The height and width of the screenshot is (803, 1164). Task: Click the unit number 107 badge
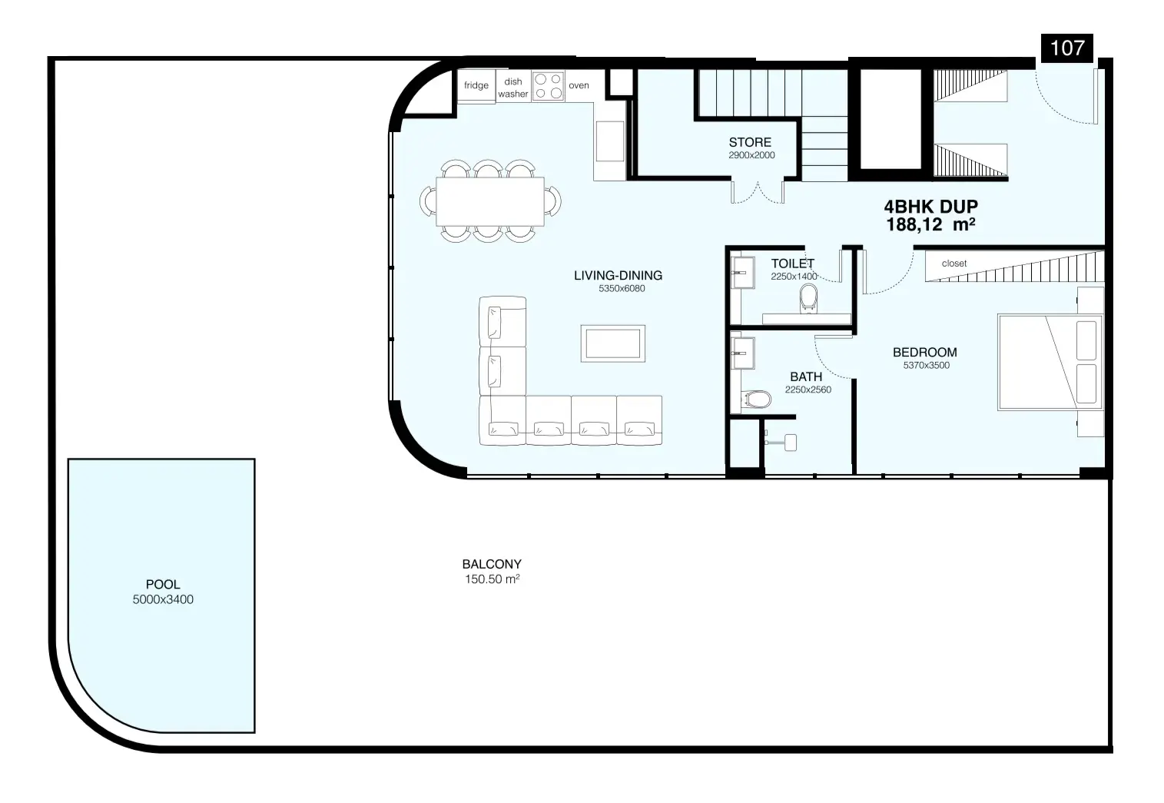tap(1067, 48)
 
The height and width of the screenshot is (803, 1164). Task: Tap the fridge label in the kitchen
tap(476, 85)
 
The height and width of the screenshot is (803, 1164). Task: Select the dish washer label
tap(513, 88)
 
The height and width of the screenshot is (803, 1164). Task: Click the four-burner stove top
tap(549, 86)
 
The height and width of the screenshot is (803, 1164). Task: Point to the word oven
tap(579, 86)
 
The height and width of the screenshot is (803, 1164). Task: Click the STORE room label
tap(750, 142)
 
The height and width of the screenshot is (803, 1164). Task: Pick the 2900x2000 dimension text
tap(751, 155)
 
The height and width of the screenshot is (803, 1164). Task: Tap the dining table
tap(490, 201)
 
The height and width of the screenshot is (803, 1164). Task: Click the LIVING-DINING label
tap(618, 275)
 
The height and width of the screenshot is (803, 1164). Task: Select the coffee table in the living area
tap(613, 343)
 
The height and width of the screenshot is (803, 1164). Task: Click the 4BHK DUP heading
tap(930, 207)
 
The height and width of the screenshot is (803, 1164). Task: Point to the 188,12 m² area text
tap(930, 224)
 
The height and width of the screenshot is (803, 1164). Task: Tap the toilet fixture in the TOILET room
tap(808, 298)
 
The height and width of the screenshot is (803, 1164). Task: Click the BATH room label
tap(806, 377)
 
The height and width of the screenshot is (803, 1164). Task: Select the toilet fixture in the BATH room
tap(756, 400)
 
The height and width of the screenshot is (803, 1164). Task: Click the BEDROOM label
tap(925, 353)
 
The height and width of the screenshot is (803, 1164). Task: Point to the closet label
tap(954, 264)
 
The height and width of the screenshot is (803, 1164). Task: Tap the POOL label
tap(163, 585)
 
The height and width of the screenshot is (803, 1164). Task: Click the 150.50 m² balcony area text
tap(492, 579)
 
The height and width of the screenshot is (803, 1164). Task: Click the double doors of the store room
tap(758, 192)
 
